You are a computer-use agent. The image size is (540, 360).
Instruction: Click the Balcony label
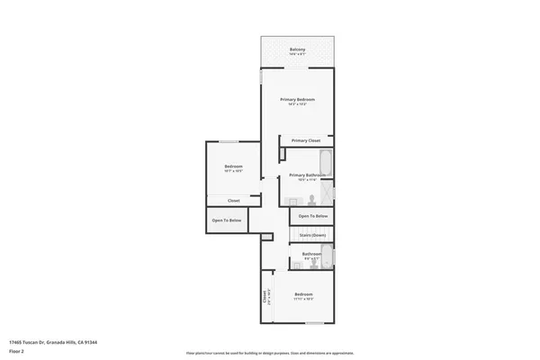297,49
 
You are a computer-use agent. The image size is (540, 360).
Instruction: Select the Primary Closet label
306,140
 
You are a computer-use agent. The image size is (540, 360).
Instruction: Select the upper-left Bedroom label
233,166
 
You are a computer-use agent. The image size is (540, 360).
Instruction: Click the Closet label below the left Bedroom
233,201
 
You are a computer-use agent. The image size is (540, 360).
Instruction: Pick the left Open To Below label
226,220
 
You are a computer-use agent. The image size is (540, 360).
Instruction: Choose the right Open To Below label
313,217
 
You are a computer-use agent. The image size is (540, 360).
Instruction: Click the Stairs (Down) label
313,235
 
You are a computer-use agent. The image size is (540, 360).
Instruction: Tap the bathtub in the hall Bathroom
327,257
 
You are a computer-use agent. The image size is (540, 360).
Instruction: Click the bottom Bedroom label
303,295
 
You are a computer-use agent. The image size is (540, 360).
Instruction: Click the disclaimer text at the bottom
270,353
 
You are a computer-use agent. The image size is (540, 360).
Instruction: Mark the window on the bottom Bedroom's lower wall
309,321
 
